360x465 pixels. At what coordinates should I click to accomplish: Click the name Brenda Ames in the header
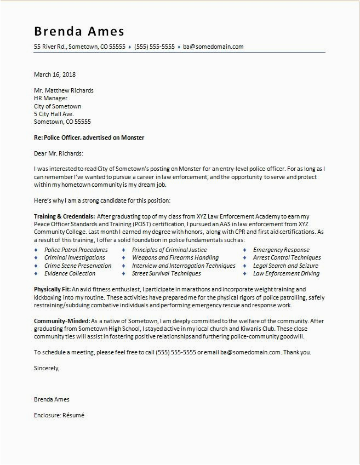79,31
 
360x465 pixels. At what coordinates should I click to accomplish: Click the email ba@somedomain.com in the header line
213,47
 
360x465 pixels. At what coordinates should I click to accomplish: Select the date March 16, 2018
55,74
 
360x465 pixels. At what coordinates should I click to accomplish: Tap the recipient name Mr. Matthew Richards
64,90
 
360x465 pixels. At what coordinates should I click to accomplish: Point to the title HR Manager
51,99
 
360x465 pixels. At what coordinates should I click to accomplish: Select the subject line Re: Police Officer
89,137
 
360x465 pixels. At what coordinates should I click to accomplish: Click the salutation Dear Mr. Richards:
58,153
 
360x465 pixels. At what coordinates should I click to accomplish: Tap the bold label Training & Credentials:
65,217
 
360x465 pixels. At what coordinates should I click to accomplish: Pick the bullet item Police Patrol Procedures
76,250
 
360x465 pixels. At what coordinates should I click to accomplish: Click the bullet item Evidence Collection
70,273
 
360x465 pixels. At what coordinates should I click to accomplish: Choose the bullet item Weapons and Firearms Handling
175,257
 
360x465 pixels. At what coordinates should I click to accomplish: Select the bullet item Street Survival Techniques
166,273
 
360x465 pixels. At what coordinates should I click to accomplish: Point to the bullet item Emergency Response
281,250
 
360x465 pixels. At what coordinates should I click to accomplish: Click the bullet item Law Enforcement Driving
286,273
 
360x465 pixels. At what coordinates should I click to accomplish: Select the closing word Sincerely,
47,368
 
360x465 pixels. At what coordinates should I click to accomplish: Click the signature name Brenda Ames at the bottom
52,399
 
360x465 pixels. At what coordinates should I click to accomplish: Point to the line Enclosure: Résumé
59,415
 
